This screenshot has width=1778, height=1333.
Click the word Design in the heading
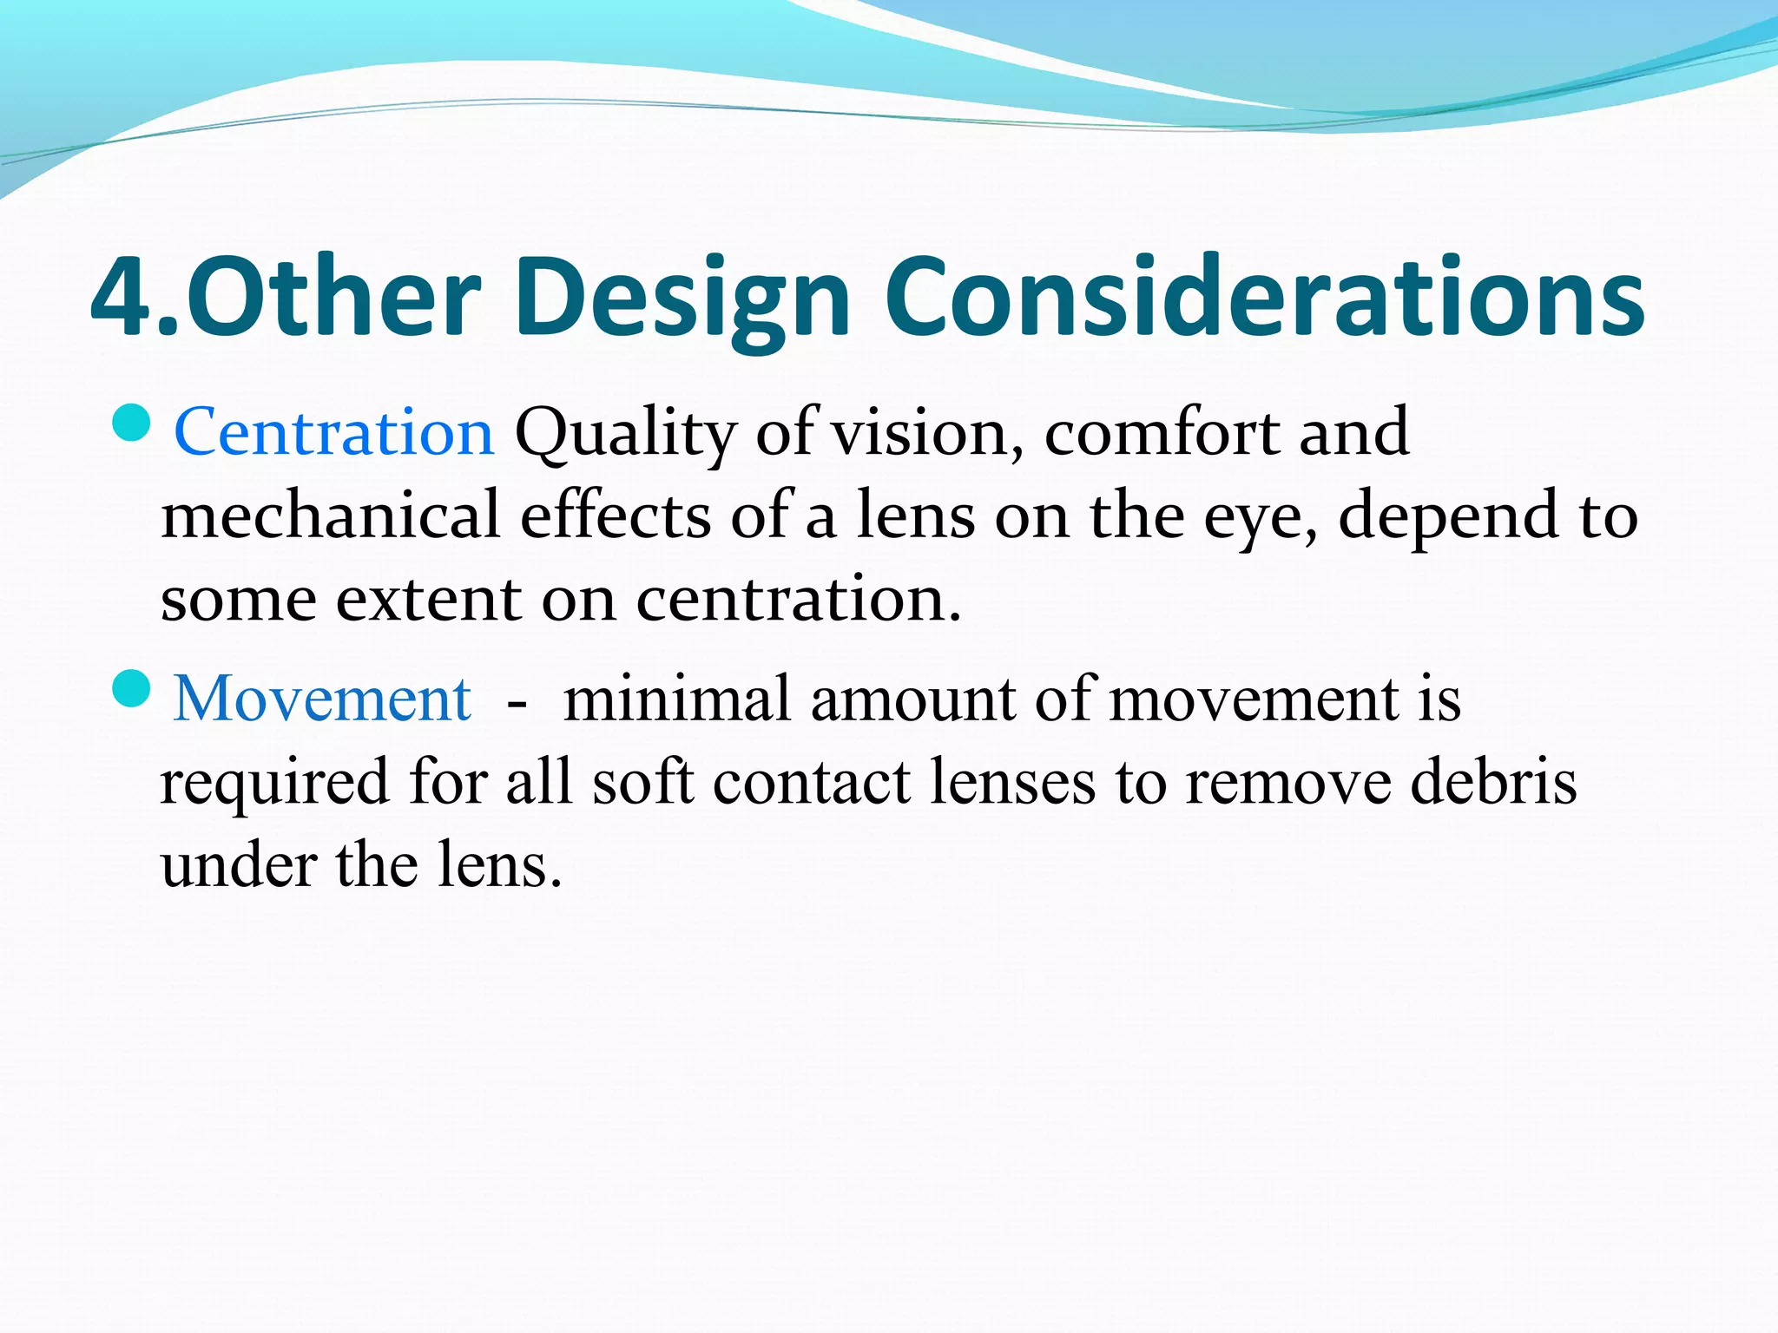click(682, 298)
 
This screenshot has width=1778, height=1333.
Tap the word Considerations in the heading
click(1263, 298)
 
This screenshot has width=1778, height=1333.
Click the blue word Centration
click(334, 431)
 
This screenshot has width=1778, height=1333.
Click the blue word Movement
click(322, 698)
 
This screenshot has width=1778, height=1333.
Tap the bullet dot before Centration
click(132, 424)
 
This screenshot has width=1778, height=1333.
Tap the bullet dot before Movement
click(132, 689)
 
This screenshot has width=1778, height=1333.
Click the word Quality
click(625, 433)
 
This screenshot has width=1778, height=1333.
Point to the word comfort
click(1161, 431)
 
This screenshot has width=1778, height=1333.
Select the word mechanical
click(331, 515)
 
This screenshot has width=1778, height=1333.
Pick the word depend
click(1448, 516)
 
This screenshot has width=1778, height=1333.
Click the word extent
click(428, 600)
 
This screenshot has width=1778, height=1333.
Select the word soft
click(643, 781)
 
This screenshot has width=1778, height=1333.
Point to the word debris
click(1492, 781)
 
